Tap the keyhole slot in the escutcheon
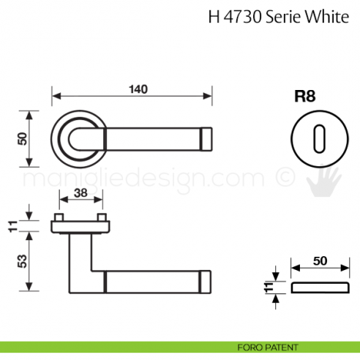coord(318,138)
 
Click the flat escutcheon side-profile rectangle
coord(320,287)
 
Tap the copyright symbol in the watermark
coord(282,179)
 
